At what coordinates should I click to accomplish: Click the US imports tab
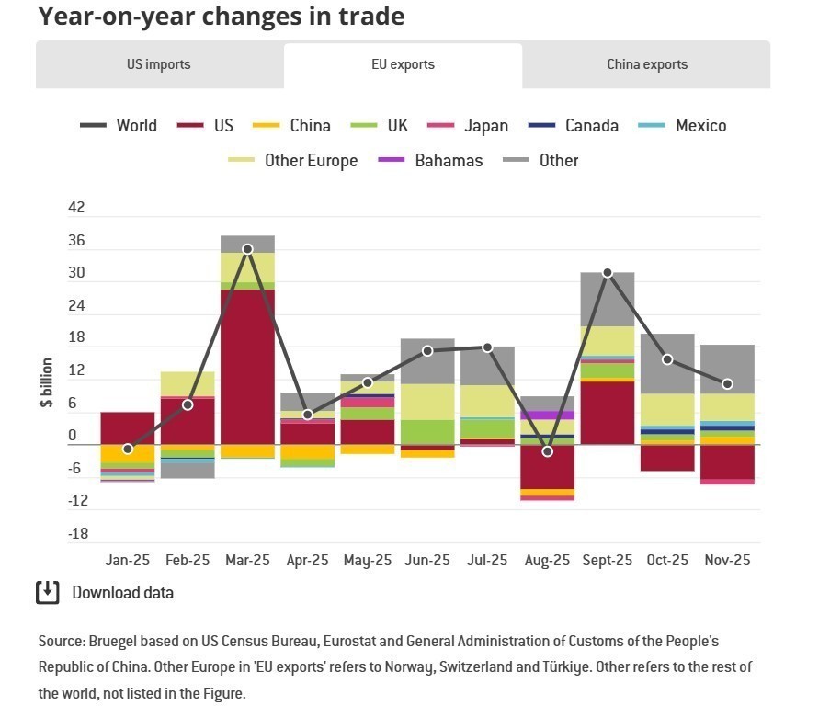tap(159, 65)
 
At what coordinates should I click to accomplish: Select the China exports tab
tap(646, 65)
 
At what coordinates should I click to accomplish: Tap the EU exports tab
tap(403, 65)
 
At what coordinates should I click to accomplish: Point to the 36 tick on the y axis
tap(76, 242)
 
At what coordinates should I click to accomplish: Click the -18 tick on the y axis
tap(78, 534)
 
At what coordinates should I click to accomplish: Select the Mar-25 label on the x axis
tap(248, 561)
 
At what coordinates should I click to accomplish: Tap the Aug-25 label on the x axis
tap(547, 561)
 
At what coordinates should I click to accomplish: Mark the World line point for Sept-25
tap(608, 273)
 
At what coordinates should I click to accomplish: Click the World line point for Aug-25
tap(548, 451)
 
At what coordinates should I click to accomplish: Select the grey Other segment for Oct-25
tap(667, 363)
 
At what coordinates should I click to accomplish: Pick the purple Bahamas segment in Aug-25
tap(548, 415)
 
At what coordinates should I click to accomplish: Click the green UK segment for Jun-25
tap(427, 432)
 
